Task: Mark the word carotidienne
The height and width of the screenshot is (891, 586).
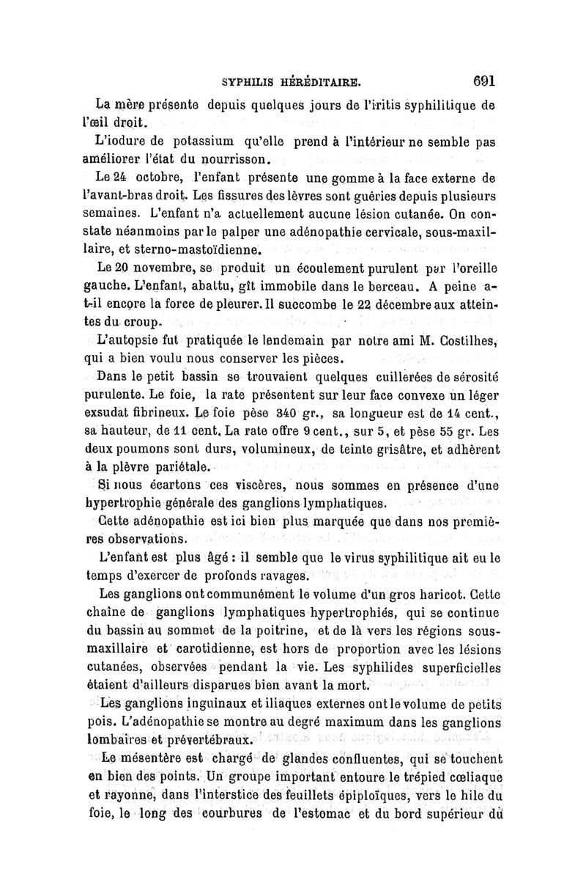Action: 223,649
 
